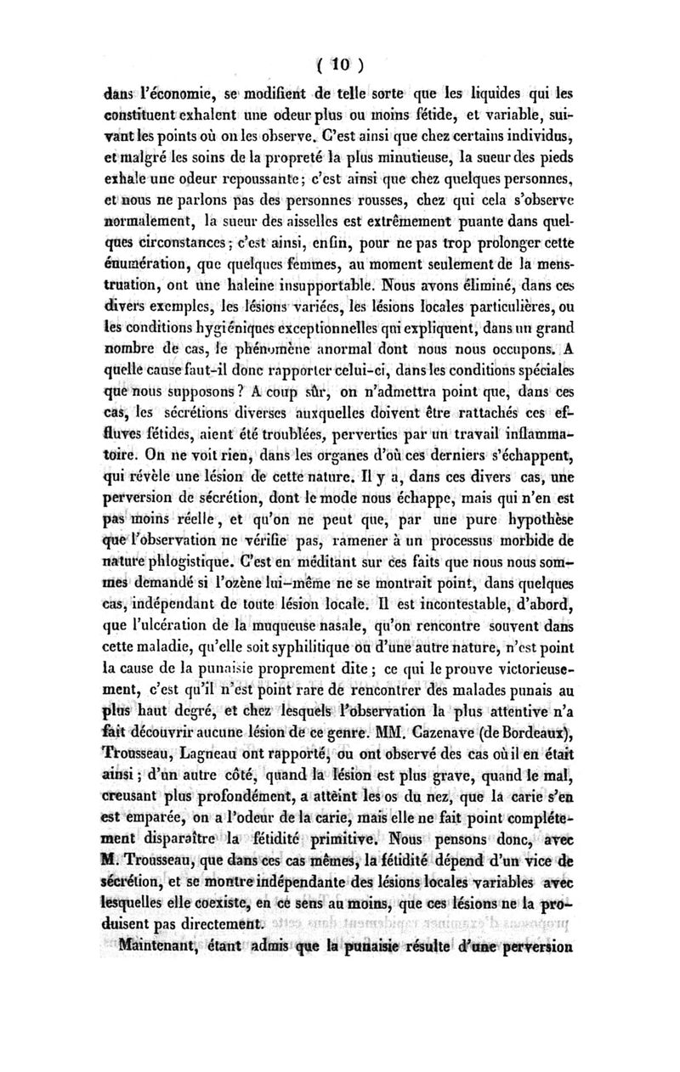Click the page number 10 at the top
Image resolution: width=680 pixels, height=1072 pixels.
(339, 64)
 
